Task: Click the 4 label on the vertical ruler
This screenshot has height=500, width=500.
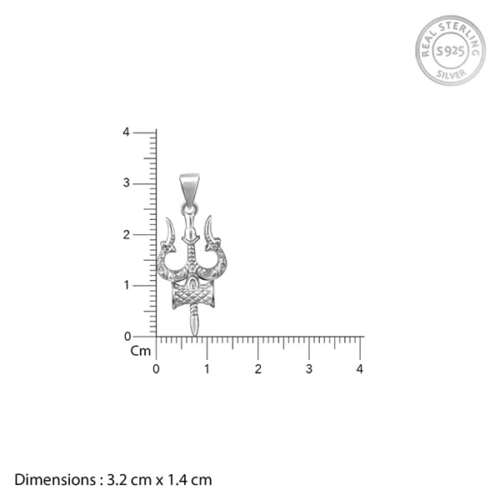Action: pyautogui.click(x=126, y=132)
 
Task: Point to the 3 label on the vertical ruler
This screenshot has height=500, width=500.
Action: pyautogui.click(x=126, y=183)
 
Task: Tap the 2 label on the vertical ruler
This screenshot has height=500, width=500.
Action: pyautogui.click(x=126, y=234)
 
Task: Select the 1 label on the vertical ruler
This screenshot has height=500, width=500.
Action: pyautogui.click(x=126, y=285)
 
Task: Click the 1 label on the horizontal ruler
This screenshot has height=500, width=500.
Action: pyautogui.click(x=207, y=368)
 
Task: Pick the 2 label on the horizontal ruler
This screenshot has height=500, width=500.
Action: pyautogui.click(x=258, y=368)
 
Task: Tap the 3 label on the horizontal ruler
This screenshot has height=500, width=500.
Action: pyautogui.click(x=309, y=368)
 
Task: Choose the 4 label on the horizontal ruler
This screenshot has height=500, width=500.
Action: pyautogui.click(x=360, y=368)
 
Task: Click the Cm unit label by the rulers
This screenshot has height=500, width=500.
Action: pyautogui.click(x=140, y=351)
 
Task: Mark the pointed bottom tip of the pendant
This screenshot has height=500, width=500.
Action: pyautogui.click(x=194, y=332)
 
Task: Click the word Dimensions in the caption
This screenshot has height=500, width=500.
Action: pyautogui.click(x=54, y=479)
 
